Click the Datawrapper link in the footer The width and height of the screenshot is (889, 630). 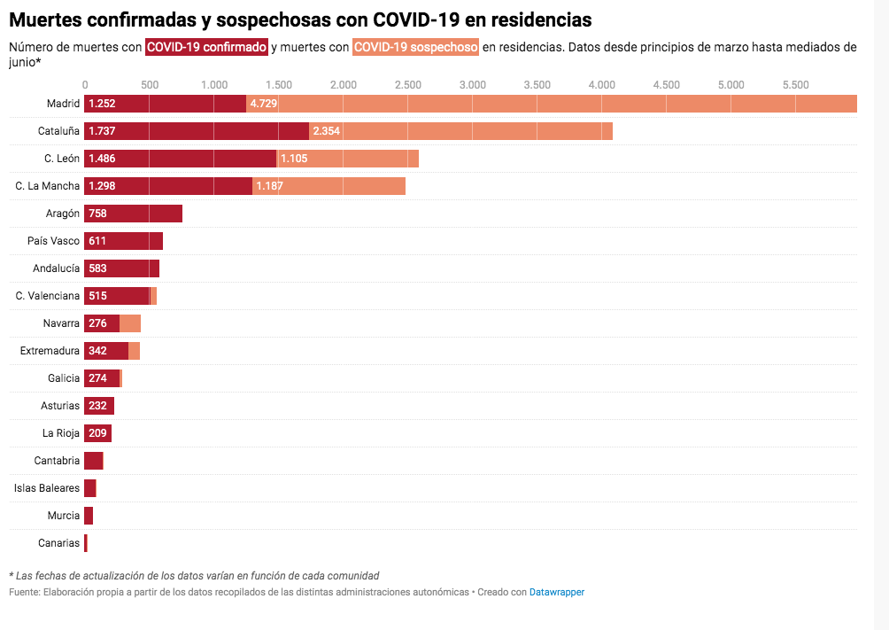(556, 592)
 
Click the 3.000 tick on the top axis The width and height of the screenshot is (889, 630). (473, 85)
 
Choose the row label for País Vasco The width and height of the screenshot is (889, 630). (53, 241)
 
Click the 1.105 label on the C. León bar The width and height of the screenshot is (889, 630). (293, 159)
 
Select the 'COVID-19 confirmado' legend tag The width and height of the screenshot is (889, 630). (206, 48)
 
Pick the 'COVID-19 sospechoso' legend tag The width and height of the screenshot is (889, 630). (415, 48)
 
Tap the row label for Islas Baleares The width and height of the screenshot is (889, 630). (47, 488)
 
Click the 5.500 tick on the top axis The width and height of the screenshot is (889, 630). (795, 85)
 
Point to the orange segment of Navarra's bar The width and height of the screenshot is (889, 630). (130, 323)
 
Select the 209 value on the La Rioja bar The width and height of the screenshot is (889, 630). (97, 433)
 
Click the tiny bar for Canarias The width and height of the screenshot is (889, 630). (86, 543)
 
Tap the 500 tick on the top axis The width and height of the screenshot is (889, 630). (150, 85)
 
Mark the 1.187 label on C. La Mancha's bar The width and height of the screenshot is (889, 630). (269, 186)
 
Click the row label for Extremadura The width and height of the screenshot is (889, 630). (50, 351)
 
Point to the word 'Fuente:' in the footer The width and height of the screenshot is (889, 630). (23, 592)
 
